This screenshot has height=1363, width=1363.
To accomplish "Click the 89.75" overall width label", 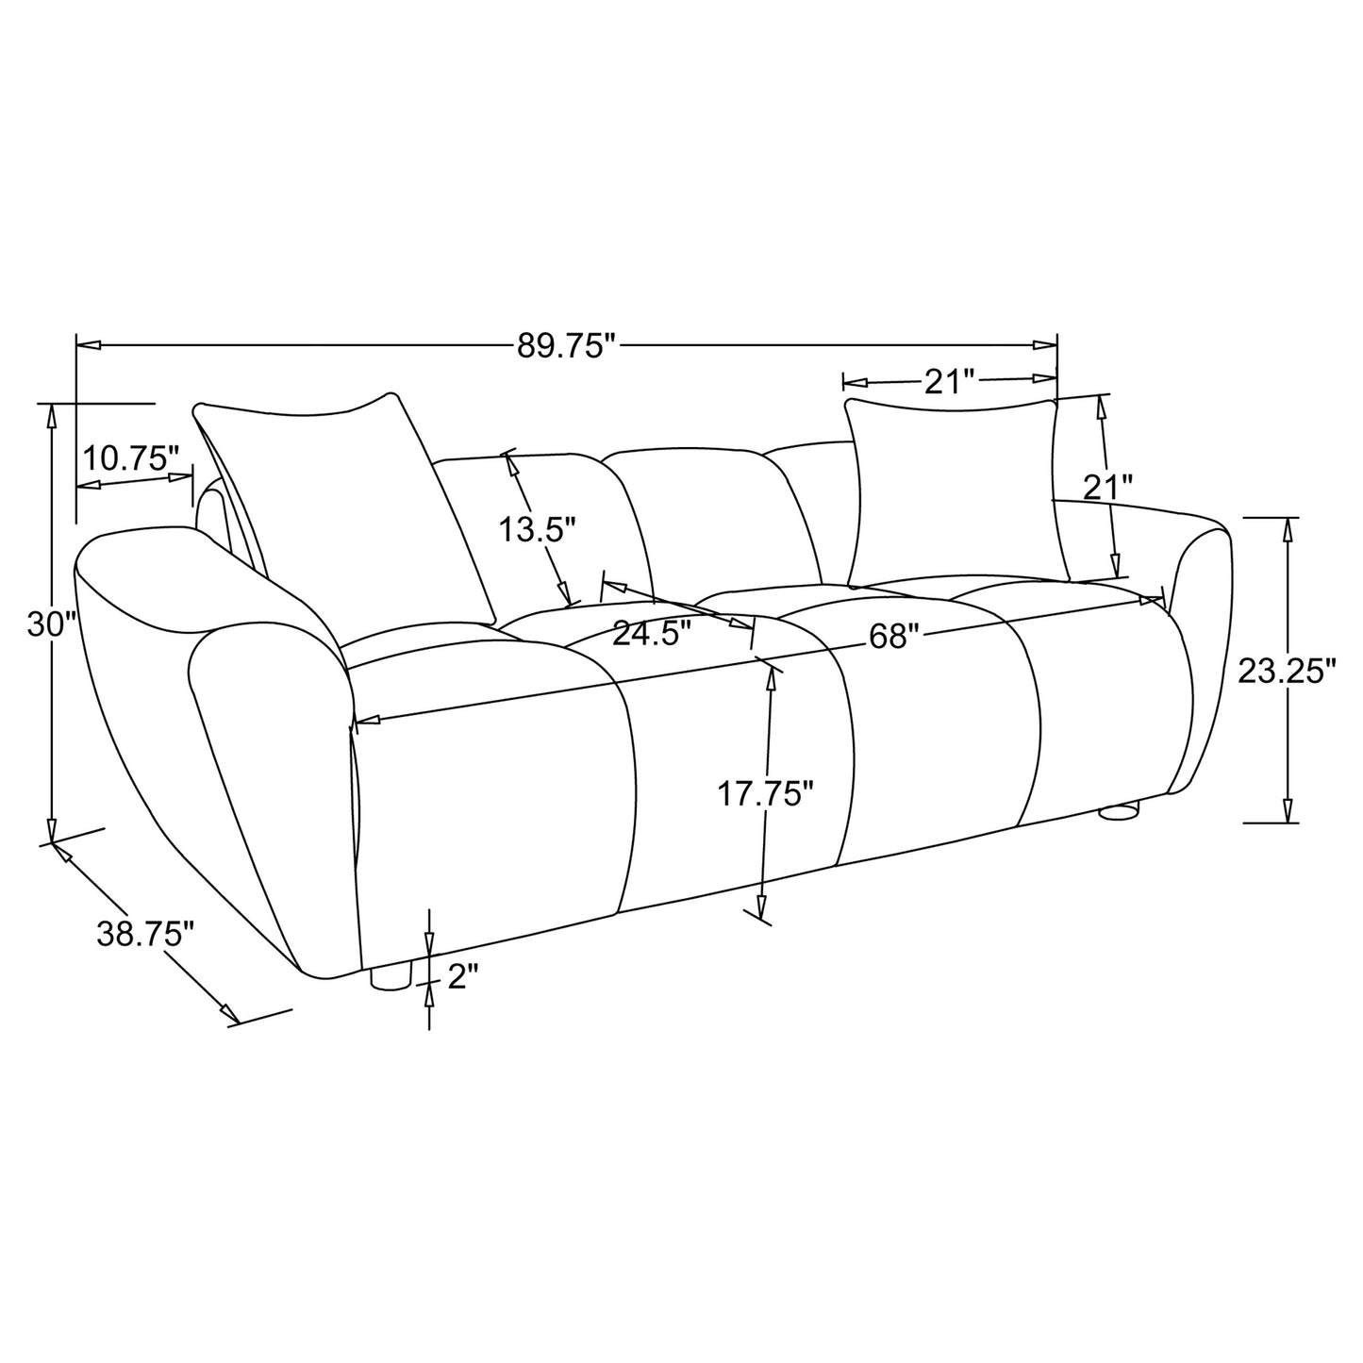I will [565, 346].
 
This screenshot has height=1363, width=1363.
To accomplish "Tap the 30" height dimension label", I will [50, 624].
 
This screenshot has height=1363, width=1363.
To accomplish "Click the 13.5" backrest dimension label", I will [537, 530].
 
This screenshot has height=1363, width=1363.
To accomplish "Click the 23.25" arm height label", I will [1287, 672].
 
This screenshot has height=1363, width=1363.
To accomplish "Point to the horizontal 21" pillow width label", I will [948, 381].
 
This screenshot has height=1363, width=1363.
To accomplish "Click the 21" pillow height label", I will [1106, 488].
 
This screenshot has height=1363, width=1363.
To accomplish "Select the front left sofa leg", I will [391, 977].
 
